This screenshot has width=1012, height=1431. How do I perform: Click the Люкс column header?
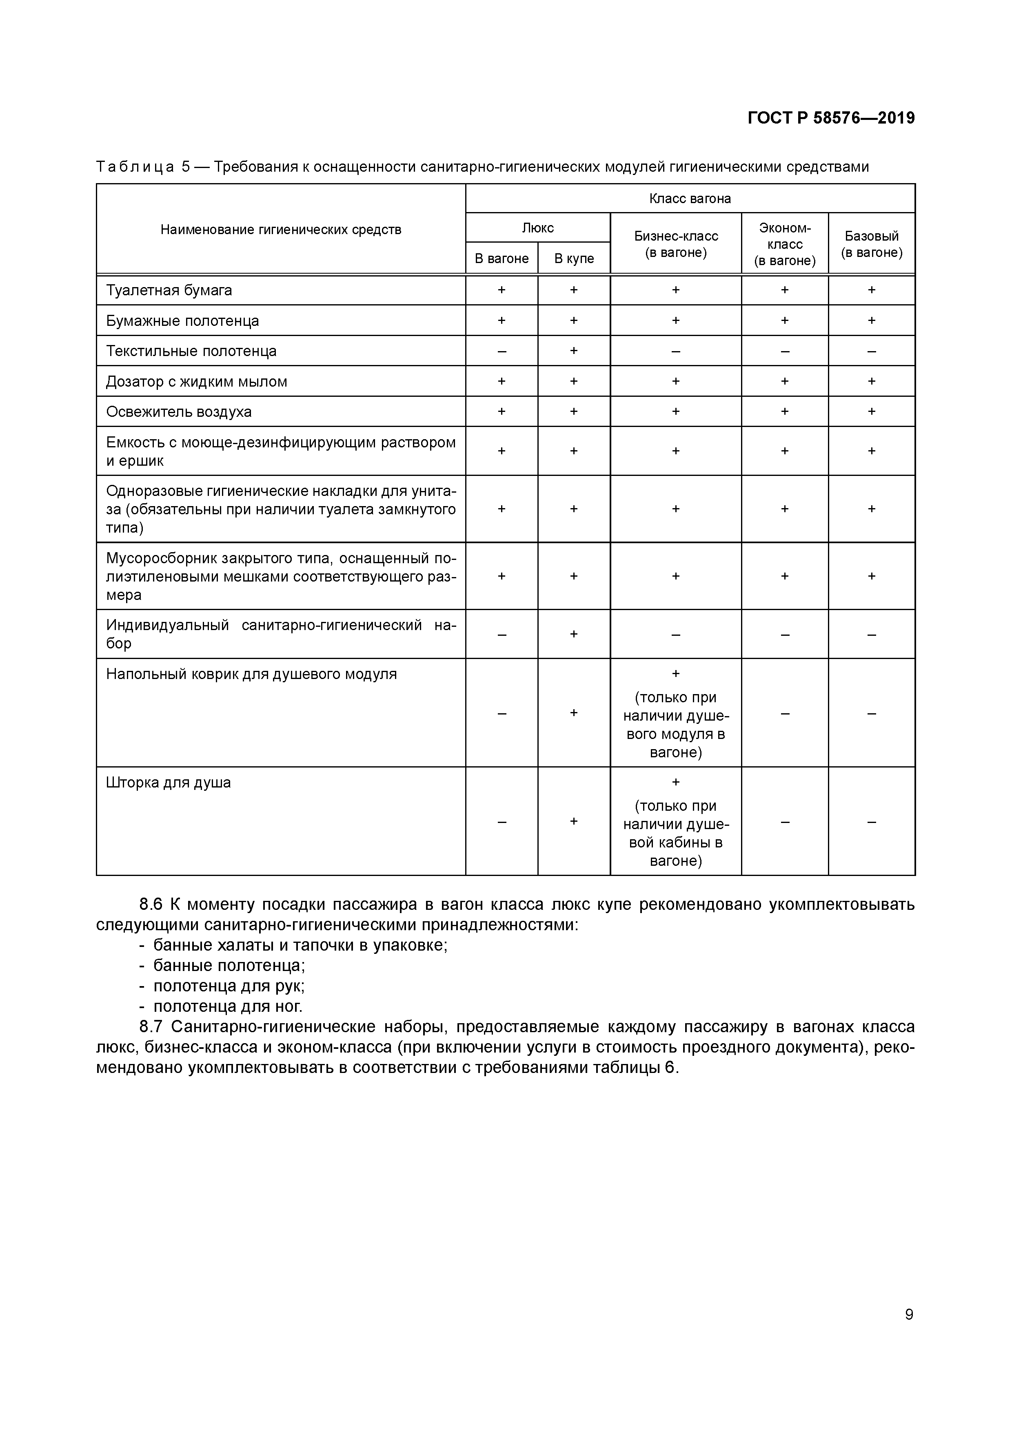pos(537,228)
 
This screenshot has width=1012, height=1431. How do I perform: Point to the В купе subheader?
pos(574,258)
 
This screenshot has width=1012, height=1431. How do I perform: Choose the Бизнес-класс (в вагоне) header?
pos(676,244)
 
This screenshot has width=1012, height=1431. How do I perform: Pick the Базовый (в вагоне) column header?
pos(871,244)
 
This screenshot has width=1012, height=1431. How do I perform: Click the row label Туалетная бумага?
pos(169,290)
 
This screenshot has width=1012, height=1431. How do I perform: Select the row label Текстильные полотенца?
pos(191,351)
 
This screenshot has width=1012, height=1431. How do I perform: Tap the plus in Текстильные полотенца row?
pos(574,351)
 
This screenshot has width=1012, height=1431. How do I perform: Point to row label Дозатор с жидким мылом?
pos(196,381)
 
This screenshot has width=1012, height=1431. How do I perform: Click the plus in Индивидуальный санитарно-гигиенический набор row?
pos(574,634)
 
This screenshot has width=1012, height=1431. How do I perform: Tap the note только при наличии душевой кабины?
pos(676,833)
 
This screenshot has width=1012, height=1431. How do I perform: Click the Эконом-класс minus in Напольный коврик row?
pos(784,713)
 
